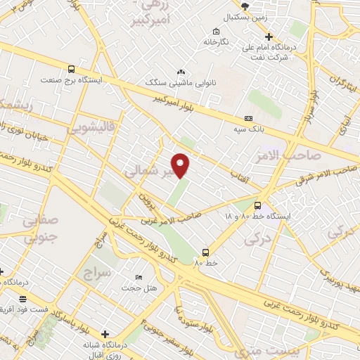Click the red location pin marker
[x=181, y=165]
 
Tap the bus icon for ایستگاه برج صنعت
[x=71, y=69]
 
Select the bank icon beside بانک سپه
[x=247, y=119]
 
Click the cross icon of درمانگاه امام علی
[x=268, y=37]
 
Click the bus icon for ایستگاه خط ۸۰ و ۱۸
[x=258, y=205]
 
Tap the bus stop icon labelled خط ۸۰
[x=205, y=252]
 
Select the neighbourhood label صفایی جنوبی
[x=41, y=229]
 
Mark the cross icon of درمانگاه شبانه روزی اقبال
[x=105, y=334]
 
